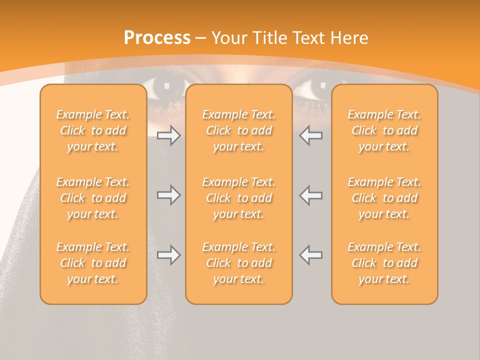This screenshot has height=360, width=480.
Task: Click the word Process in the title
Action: click(157, 38)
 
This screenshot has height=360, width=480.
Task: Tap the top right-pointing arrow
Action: click(168, 136)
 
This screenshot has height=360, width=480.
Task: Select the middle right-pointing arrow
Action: click(168, 195)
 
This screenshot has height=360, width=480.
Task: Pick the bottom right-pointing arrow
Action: click(168, 255)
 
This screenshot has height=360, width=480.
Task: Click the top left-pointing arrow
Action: click(311, 136)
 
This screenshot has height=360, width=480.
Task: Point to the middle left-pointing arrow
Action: click(311, 195)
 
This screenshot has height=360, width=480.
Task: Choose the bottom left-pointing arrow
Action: click(311, 255)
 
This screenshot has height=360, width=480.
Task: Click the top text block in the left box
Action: click(93, 130)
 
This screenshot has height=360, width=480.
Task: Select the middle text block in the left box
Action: click(93, 198)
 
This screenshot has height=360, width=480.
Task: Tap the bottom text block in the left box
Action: click(93, 263)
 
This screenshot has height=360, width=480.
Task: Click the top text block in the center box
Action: click(239, 130)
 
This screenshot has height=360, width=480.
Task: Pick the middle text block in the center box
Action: click(239, 198)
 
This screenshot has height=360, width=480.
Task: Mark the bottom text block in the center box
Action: click(239, 263)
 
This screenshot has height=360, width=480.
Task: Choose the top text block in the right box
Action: click(384, 130)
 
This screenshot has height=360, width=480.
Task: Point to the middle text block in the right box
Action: click(384, 198)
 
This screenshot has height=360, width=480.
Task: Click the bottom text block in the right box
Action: click(384, 263)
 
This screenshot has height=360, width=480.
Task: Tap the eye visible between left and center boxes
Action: click(166, 88)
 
